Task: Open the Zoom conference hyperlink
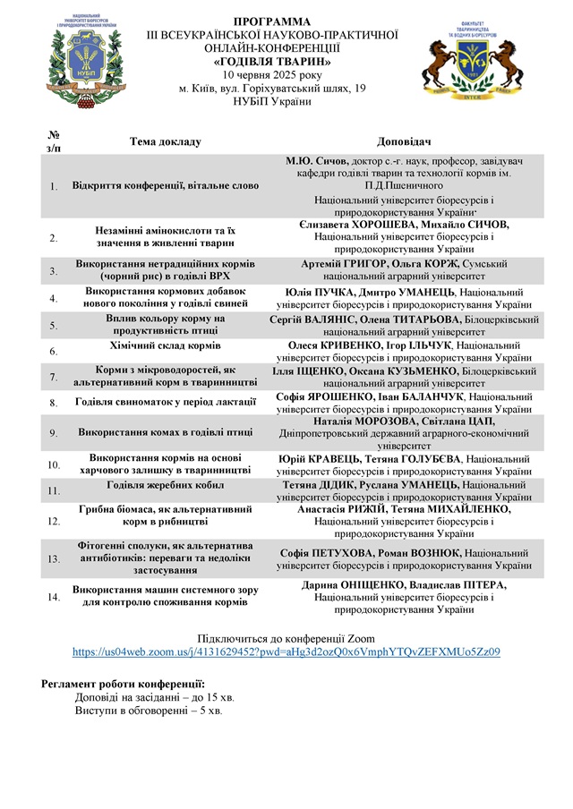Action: click(x=286, y=652)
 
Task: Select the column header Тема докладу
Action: click(x=166, y=141)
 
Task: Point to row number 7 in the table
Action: click(x=54, y=377)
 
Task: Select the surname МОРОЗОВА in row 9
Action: click(x=381, y=421)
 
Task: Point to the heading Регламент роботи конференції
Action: click(x=111, y=684)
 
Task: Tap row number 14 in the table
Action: click(x=54, y=596)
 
